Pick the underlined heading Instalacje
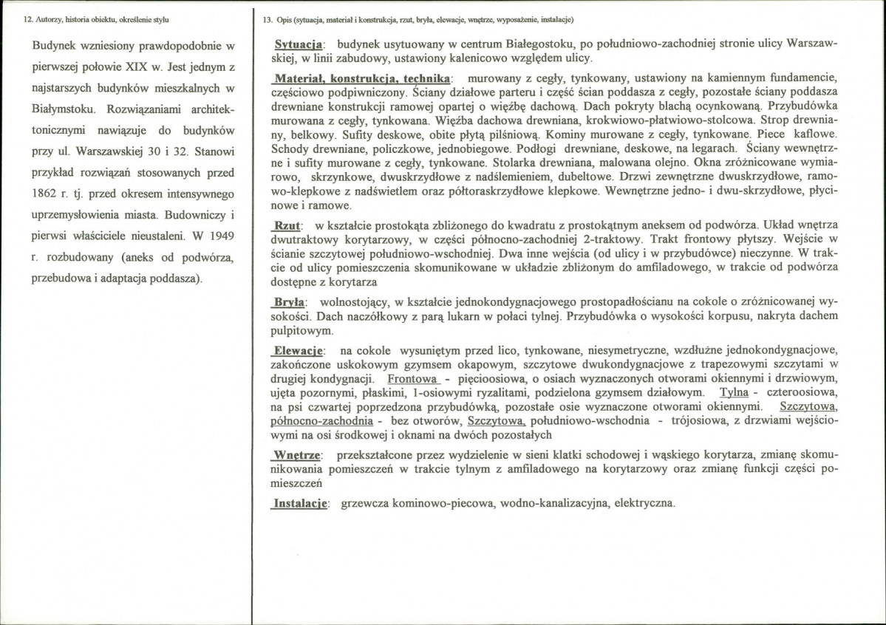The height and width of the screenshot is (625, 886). point(300,503)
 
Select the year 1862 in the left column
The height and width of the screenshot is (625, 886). point(46,194)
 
